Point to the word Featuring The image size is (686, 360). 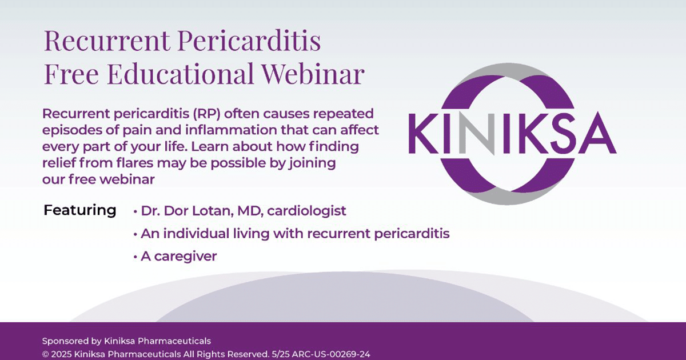coord(80,210)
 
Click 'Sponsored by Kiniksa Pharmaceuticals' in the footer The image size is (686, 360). coord(126,341)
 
